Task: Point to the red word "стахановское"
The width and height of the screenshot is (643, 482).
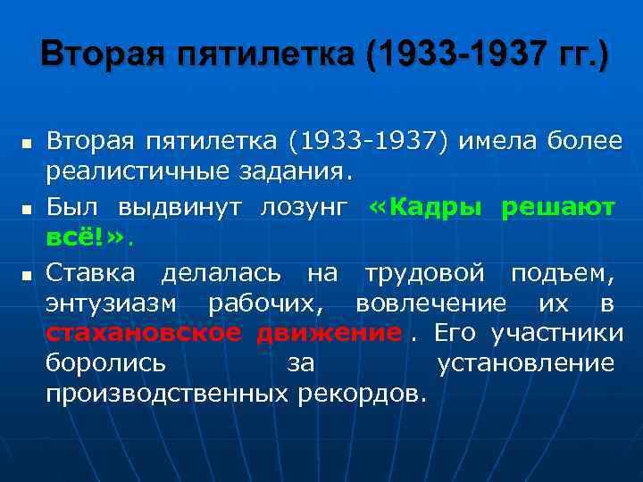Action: [143, 334]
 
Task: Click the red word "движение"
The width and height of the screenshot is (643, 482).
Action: [328, 334]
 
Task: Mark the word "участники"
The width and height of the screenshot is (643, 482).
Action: [555, 334]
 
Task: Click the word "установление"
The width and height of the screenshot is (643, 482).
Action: [526, 364]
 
